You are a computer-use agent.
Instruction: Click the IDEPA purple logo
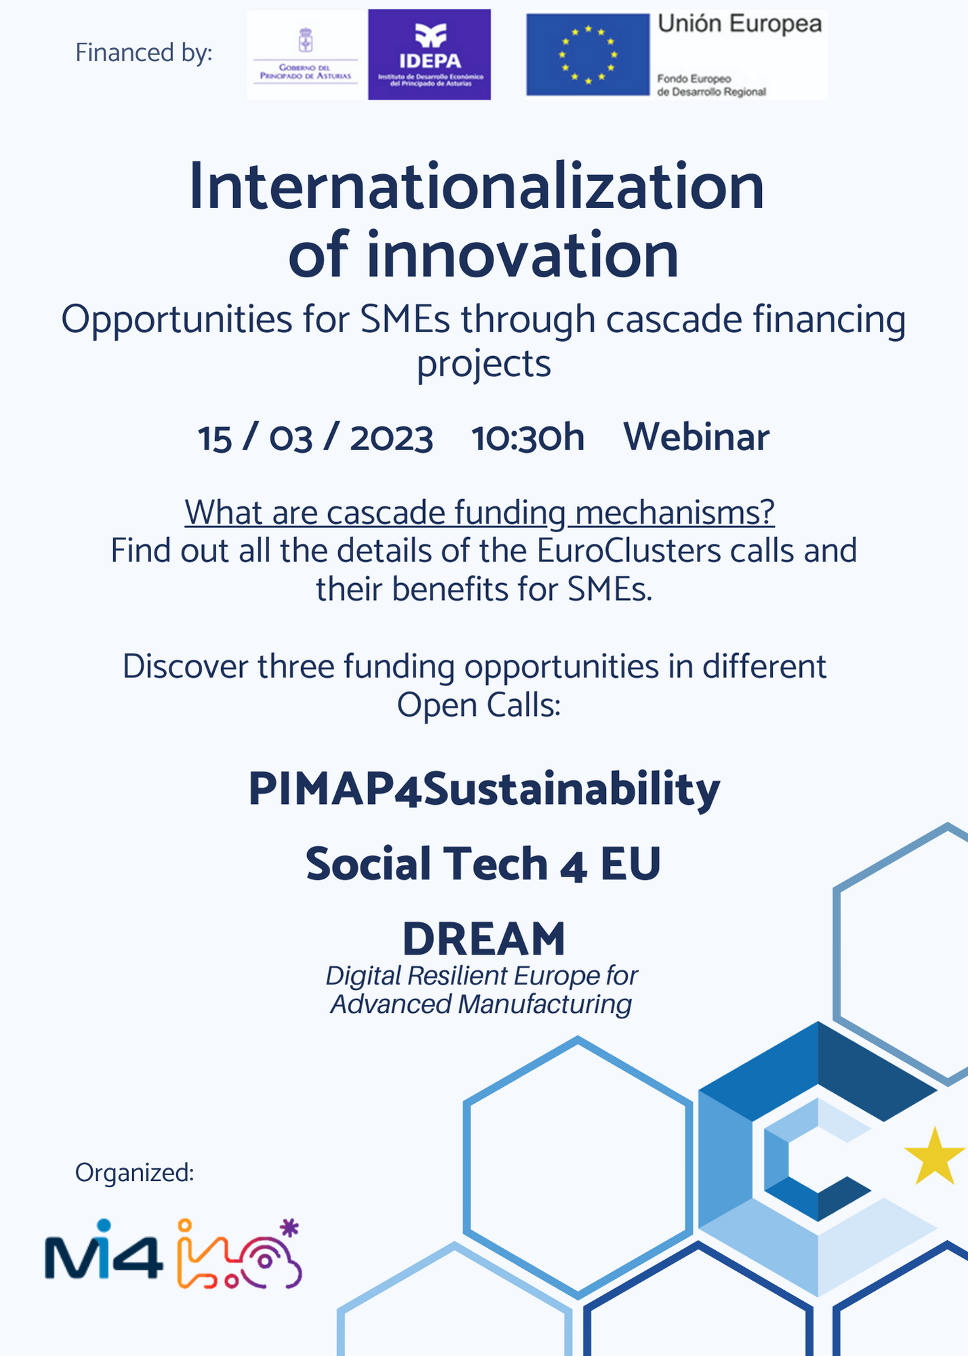pos(429,54)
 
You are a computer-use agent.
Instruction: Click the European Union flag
pos(588,54)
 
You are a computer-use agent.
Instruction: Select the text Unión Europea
pos(740,24)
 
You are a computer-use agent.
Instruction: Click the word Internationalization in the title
pos(477,186)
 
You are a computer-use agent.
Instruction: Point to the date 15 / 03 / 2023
pos(315,437)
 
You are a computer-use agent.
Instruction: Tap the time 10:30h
pos(528,437)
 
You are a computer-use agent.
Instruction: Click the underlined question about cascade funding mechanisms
pos(479,513)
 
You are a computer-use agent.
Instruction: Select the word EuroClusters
pos(629,551)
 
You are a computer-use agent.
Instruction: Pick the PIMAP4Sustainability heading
pos(484,790)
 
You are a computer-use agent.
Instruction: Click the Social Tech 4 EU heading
pos(483,864)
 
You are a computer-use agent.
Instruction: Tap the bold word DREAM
pos(484,938)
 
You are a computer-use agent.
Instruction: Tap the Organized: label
pos(135,1172)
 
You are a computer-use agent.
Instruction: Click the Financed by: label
pos(144,53)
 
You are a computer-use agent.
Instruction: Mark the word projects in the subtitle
pos(484,365)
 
